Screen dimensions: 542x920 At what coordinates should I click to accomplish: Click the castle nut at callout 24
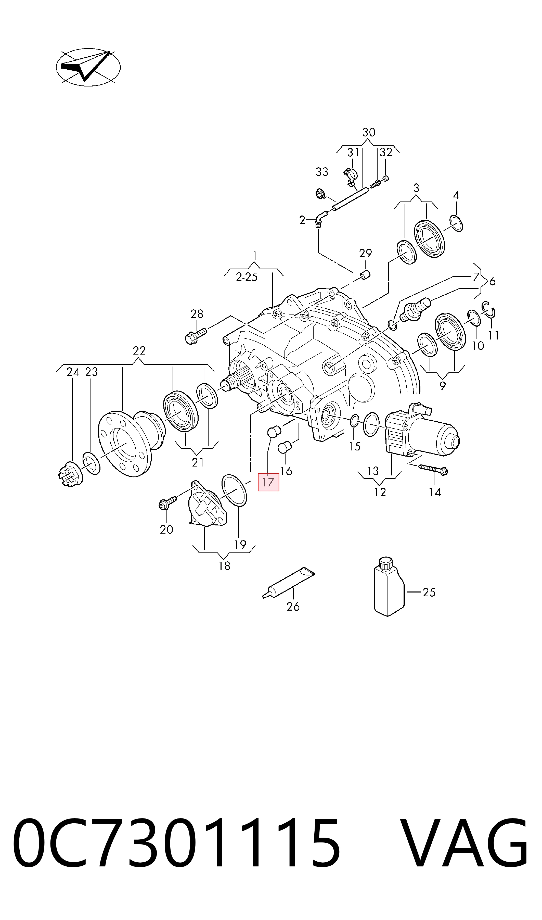(70, 474)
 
